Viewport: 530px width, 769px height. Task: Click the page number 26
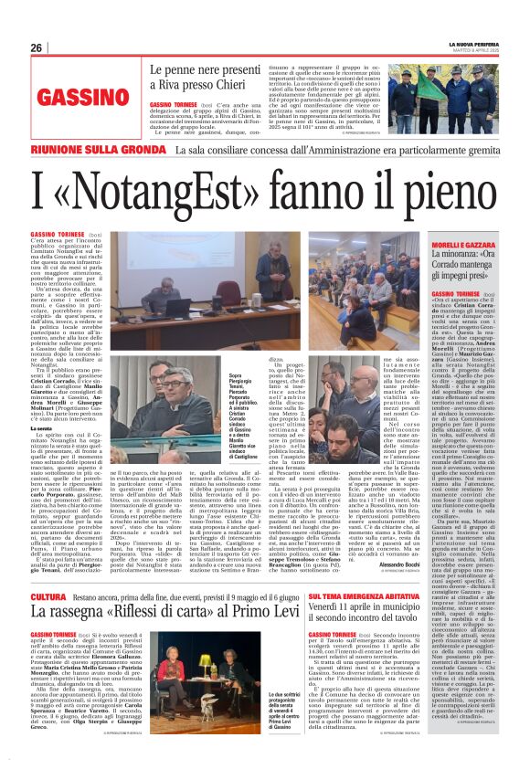[x=36, y=47]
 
